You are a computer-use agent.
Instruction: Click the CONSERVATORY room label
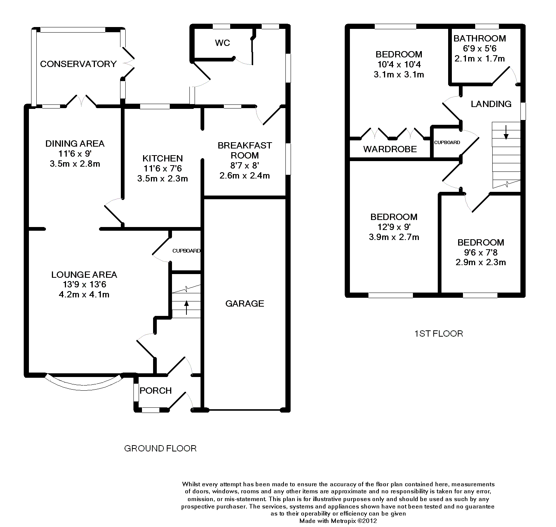tap(78, 64)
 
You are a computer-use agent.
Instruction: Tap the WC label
tap(222, 43)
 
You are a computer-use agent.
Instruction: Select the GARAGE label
tap(245, 304)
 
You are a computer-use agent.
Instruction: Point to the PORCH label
tap(156, 390)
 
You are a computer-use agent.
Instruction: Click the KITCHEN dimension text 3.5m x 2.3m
tap(163, 179)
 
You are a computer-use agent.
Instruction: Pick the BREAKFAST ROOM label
tap(245, 150)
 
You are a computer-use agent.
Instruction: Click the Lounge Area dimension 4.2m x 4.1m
tap(84, 295)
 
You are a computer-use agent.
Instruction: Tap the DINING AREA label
tap(75, 143)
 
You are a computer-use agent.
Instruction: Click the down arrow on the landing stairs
tap(506, 132)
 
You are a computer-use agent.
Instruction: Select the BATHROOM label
tap(480, 39)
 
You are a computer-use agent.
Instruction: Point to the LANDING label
tap(491, 104)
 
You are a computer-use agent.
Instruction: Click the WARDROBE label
tap(390, 149)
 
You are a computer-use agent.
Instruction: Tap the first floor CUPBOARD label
tap(447, 143)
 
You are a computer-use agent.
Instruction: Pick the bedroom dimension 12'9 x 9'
tap(394, 227)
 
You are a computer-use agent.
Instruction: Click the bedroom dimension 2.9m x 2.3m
tap(481, 262)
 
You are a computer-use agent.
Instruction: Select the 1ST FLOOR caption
tap(438, 334)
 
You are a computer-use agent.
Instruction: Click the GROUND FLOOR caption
tap(160, 448)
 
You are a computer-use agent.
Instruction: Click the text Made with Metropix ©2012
tap(338, 521)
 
